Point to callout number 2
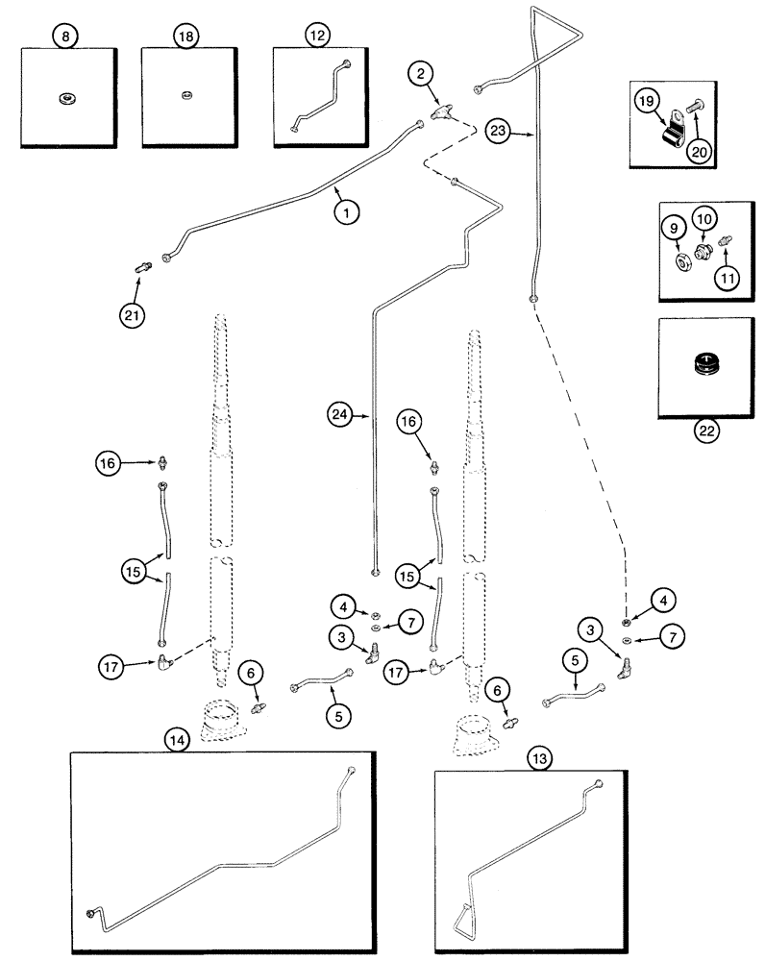pyautogui.click(x=419, y=71)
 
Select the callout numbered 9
pyautogui.click(x=674, y=229)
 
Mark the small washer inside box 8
pyautogui.click(x=66, y=95)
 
